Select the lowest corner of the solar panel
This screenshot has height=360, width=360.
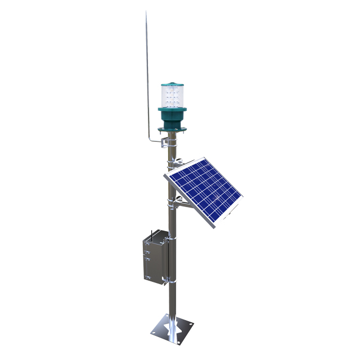(x=214, y=229)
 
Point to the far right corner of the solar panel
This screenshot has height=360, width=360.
(x=242, y=197)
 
